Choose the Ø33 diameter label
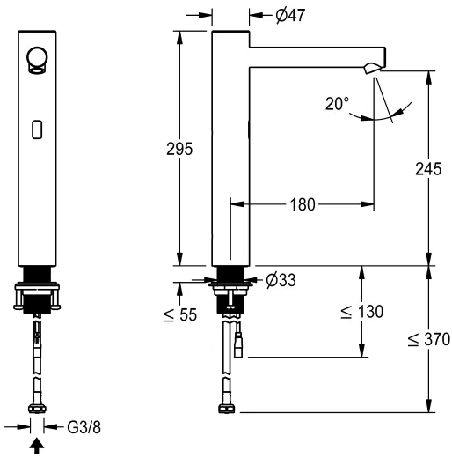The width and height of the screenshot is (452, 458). tap(280, 280)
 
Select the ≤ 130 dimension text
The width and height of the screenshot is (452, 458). tap(361, 312)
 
